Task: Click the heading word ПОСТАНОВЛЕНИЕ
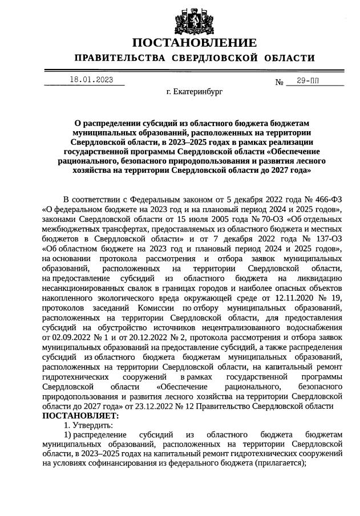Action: click(194, 43)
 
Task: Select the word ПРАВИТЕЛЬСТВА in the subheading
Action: click(120, 58)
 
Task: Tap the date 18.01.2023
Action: click(91, 80)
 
